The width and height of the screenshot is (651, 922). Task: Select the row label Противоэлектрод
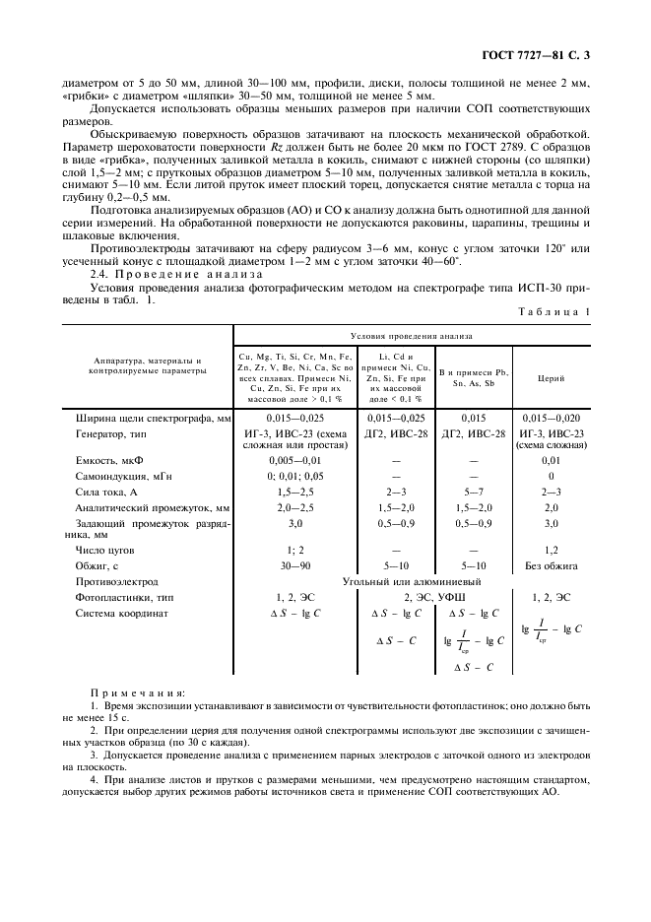tap(116, 582)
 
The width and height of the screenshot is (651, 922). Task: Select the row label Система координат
tap(122, 613)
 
